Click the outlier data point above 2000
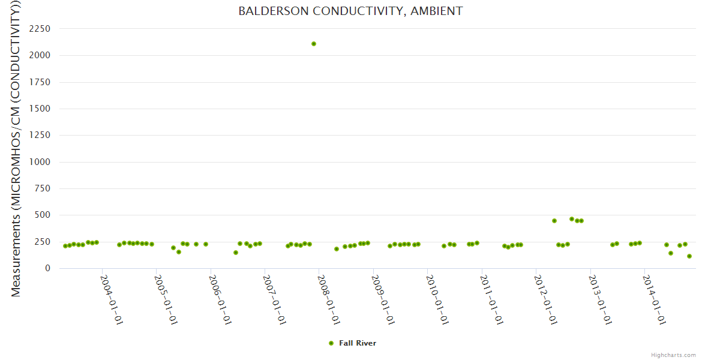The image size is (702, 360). click(314, 44)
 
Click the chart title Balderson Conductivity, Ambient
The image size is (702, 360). click(350, 11)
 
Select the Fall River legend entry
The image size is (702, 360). click(357, 343)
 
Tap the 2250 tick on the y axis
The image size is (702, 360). click(44, 29)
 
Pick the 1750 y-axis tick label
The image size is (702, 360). click(44, 82)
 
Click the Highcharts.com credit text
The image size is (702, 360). click(673, 355)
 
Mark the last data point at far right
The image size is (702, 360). click(689, 256)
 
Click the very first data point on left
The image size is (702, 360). click(65, 246)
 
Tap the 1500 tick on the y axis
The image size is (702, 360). click(44, 109)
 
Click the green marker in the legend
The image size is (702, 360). click(331, 343)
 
